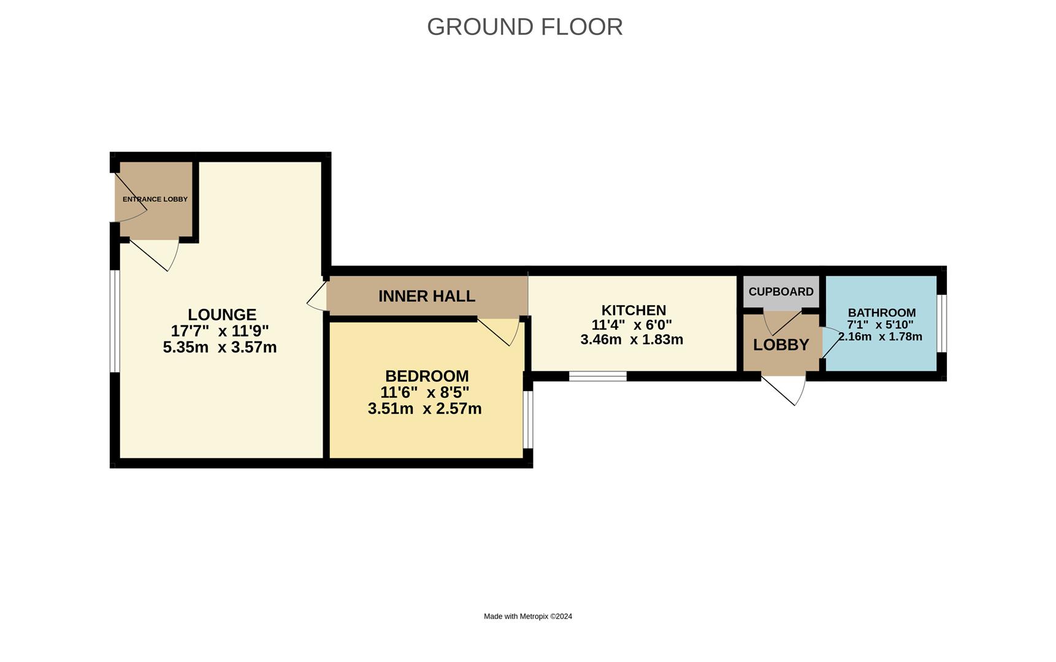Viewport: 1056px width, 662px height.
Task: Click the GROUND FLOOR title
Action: (x=525, y=27)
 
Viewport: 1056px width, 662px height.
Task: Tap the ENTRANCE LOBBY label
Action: (x=155, y=199)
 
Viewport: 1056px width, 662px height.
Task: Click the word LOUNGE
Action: (x=222, y=314)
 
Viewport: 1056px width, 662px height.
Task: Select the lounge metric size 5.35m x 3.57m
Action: (x=220, y=348)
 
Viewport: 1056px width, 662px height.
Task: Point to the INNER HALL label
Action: (x=427, y=296)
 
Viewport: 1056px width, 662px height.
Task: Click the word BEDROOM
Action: (x=427, y=376)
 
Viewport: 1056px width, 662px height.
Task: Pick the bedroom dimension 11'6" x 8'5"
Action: (x=425, y=392)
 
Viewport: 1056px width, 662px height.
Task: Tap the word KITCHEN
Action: (x=633, y=310)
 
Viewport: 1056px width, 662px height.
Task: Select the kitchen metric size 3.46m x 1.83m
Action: (x=632, y=340)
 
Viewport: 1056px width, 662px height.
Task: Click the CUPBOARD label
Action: (x=781, y=292)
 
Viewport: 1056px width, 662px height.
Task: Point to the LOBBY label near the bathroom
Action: (x=781, y=344)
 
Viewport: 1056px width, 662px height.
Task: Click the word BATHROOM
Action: (x=882, y=313)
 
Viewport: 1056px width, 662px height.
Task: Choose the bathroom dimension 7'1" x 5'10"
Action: (x=881, y=325)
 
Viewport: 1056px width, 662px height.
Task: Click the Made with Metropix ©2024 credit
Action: (x=528, y=617)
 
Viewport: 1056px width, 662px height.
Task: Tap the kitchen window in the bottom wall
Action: (x=598, y=376)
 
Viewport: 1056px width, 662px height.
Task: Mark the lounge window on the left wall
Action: (x=115, y=321)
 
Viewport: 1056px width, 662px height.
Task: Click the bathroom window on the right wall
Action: (x=942, y=324)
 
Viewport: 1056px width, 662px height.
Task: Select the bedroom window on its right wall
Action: (x=528, y=420)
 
